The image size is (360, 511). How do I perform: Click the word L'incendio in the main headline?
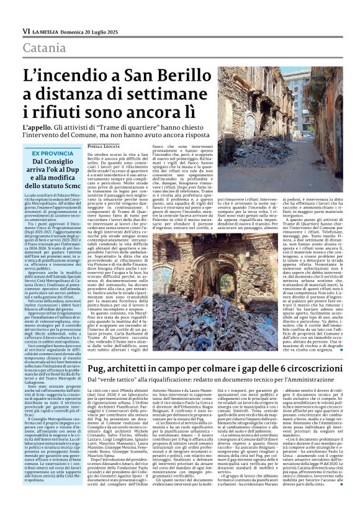click(x=61, y=77)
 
